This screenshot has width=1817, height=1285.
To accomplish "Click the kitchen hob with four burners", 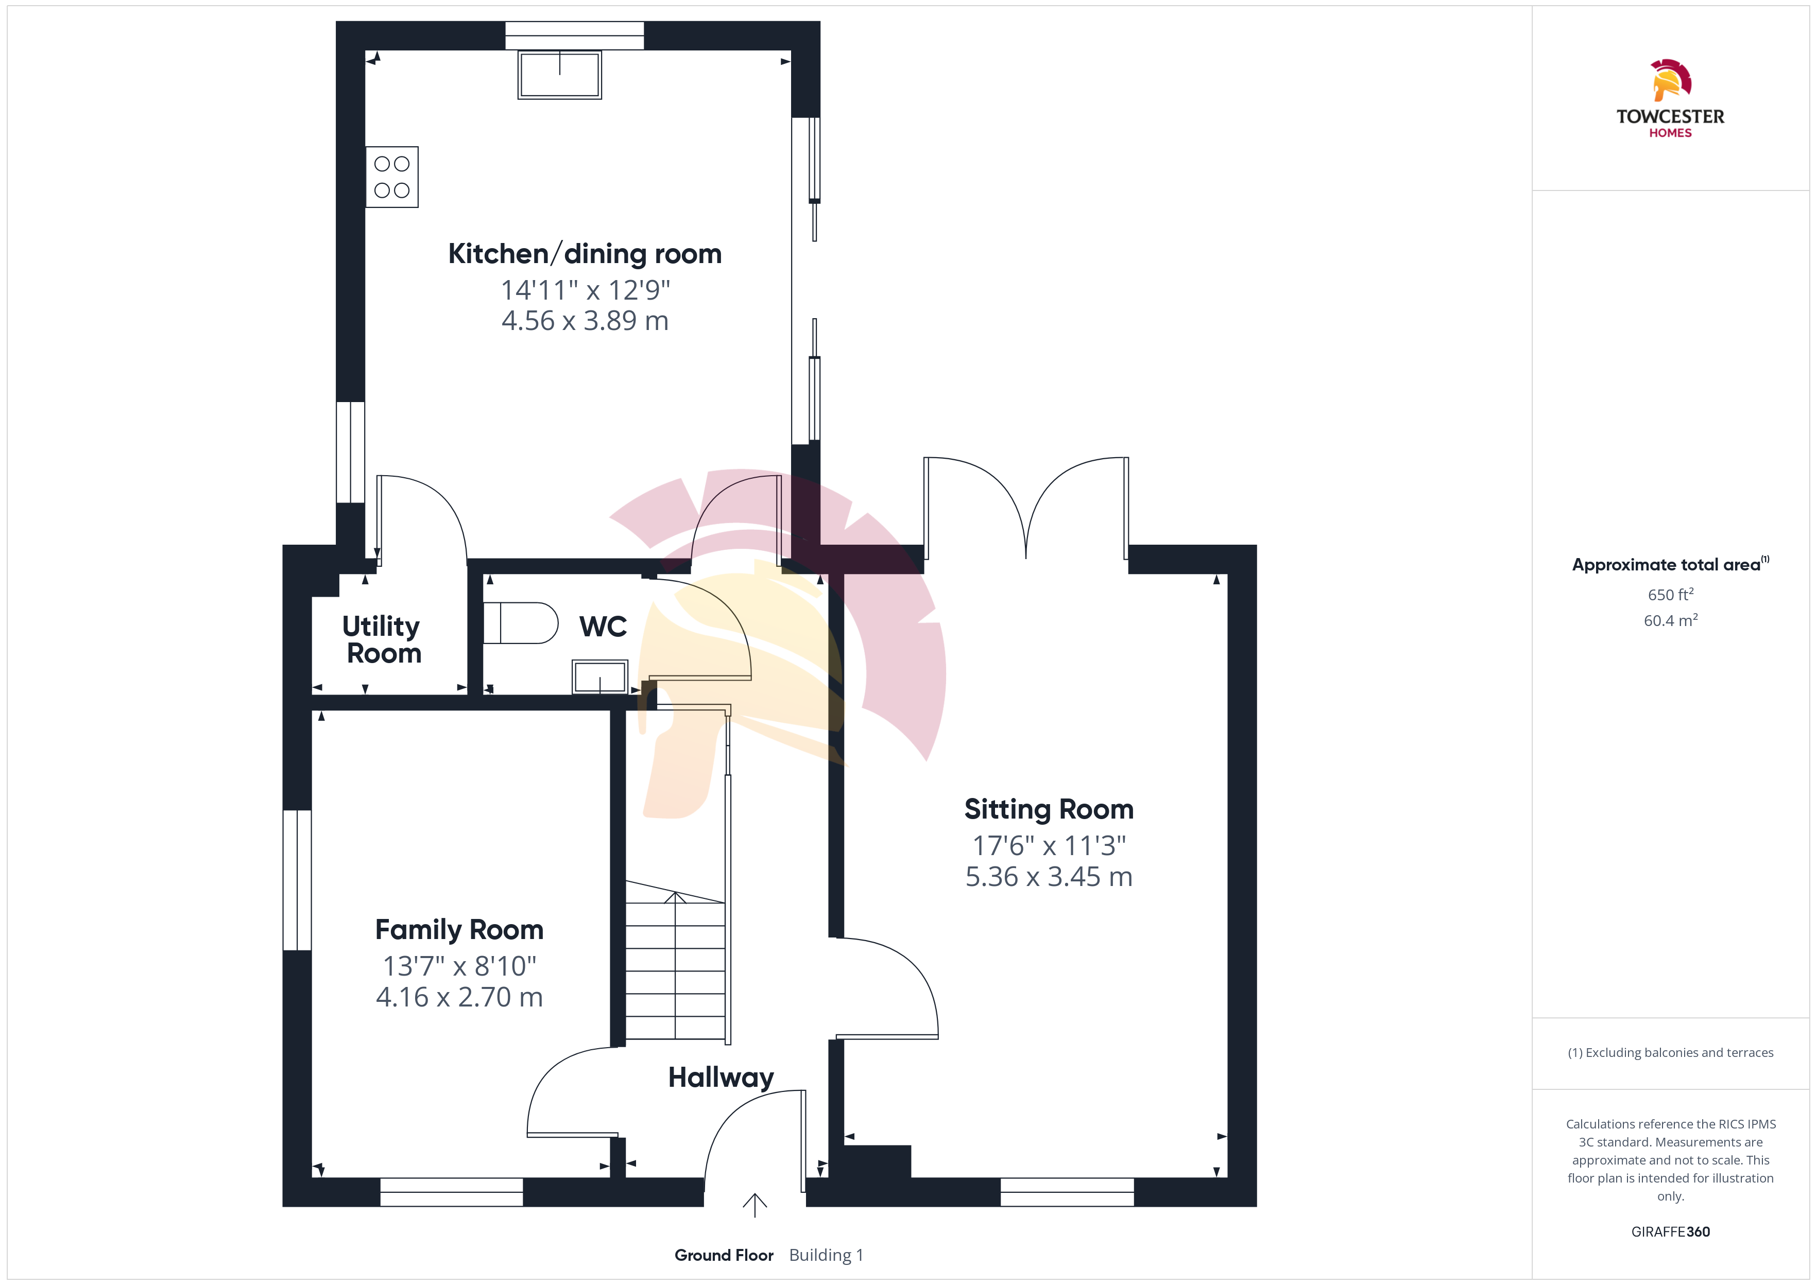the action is [392, 177].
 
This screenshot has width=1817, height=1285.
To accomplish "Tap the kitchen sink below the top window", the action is [559, 74].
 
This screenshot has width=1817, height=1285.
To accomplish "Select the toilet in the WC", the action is [520, 623].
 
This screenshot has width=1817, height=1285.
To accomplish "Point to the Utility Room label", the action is [382, 639].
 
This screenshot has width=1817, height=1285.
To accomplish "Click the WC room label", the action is [603, 627].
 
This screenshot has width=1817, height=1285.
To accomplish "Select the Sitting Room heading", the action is [1049, 809].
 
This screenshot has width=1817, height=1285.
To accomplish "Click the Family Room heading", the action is [459, 930].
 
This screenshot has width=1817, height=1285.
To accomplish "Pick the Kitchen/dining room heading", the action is [585, 254].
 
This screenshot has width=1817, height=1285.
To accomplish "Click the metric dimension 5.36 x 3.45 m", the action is [1049, 877].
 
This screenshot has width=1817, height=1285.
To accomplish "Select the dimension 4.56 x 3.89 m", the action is [585, 320].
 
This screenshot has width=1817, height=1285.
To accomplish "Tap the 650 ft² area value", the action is [1671, 594].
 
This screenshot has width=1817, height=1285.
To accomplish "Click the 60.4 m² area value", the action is [1671, 620].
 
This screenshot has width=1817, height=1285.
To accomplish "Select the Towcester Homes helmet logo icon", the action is [1671, 80].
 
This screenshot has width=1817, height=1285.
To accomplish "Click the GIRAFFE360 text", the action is [1671, 1232].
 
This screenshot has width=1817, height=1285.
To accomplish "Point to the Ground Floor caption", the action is [724, 1256].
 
